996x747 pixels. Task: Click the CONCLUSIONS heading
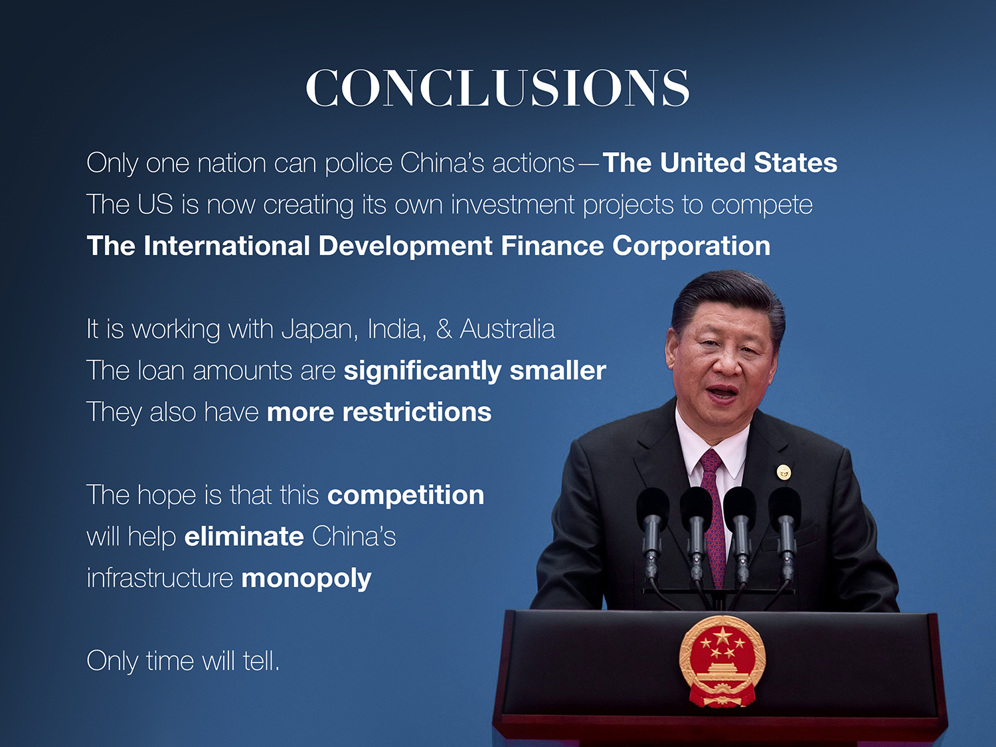coord(497,88)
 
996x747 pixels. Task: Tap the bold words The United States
coord(720,163)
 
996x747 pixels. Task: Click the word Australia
coord(507,329)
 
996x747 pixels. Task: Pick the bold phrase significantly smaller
coord(475,371)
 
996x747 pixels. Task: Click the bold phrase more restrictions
coord(379,412)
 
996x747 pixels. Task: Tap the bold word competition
coord(406,495)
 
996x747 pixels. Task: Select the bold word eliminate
coord(244,536)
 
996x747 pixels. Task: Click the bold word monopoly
coord(306,579)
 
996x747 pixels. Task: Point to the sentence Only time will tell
coord(183,661)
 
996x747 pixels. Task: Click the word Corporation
coord(691,246)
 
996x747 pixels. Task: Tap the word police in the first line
coord(359,163)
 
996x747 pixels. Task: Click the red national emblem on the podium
coord(722,661)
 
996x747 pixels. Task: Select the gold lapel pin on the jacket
coord(784,472)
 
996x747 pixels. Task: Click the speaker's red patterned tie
coord(712,517)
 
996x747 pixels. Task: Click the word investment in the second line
coord(513,204)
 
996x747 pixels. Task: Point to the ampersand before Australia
coord(444,329)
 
